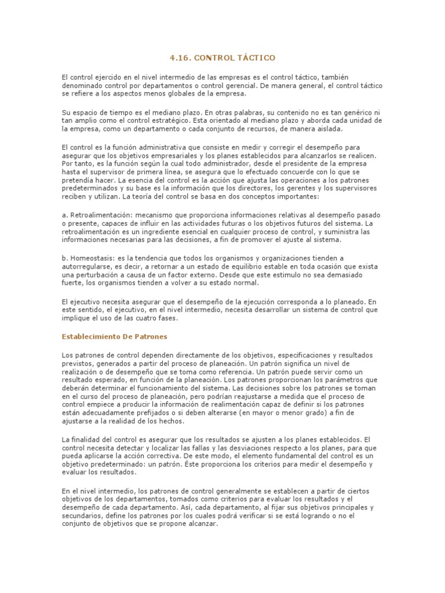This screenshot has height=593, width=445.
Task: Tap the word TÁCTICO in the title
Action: pyautogui.click(x=257, y=58)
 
